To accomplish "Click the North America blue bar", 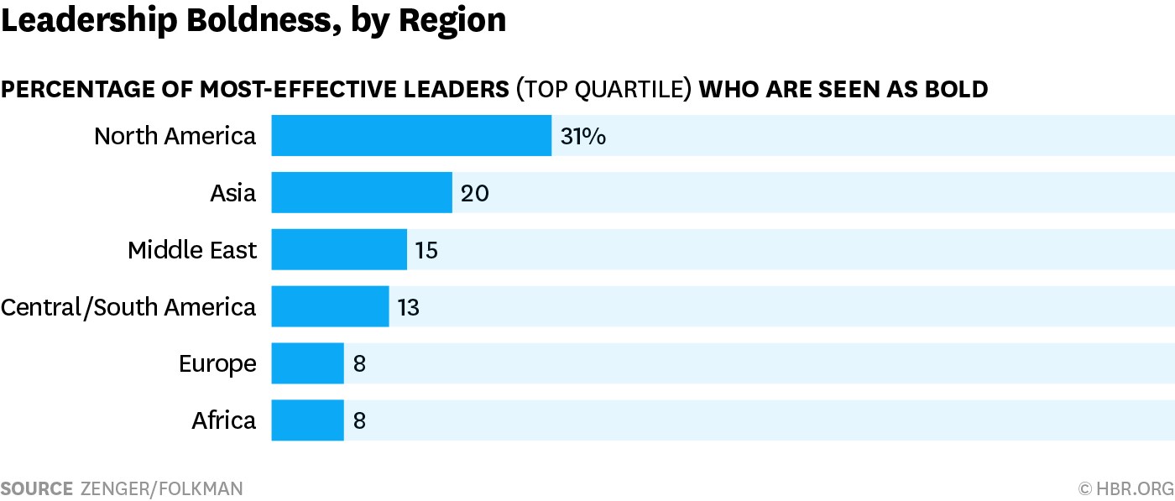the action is [411, 135].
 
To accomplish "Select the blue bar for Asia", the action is [362, 192].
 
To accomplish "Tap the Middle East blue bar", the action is [339, 249].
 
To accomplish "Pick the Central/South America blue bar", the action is [330, 306].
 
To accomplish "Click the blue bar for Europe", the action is [307, 363].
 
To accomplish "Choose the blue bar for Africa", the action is [307, 420].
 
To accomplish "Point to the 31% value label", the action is [583, 137].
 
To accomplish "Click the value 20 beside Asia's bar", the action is [475, 194].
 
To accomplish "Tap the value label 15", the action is [426, 250].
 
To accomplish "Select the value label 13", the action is [409, 307].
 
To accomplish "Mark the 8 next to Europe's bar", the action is [359, 363].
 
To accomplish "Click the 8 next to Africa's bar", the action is [359, 420].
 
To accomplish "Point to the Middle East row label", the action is [192, 250].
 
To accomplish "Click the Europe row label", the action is [217, 364].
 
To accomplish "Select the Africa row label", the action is [224, 420].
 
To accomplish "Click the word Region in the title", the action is [452, 22].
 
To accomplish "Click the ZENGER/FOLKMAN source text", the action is [161, 489].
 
